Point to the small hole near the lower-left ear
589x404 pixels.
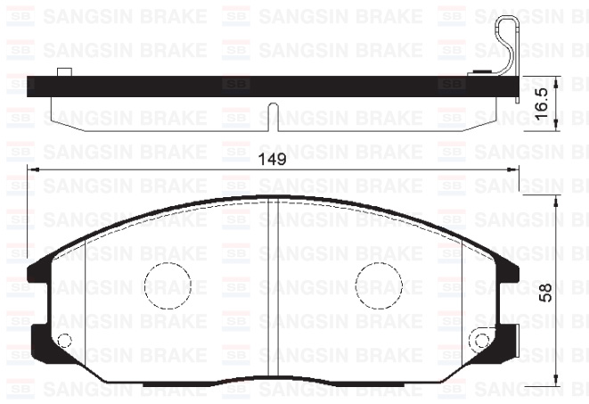[x=63, y=339]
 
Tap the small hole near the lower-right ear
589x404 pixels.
[x=482, y=339]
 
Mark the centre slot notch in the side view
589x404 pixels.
[x=274, y=116]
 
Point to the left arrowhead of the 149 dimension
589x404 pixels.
[x=33, y=169]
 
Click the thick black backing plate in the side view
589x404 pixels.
[x=267, y=87]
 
